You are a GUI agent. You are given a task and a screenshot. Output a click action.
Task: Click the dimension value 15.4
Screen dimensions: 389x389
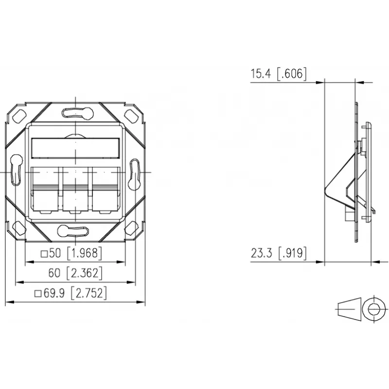(x=261, y=74)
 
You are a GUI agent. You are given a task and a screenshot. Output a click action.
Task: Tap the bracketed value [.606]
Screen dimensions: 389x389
(x=292, y=74)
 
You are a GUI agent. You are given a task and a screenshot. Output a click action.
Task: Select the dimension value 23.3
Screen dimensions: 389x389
(x=261, y=253)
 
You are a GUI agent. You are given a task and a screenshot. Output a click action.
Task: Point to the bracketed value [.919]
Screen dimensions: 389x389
(x=292, y=253)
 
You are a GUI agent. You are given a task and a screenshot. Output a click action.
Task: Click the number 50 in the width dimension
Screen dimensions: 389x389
(x=55, y=253)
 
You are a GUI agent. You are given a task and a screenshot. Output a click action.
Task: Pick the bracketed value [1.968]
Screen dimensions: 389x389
(x=85, y=253)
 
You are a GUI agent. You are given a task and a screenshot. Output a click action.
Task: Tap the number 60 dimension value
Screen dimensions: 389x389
(x=54, y=273)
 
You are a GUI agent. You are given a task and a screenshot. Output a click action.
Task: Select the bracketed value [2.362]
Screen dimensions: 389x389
(x=85, y=273)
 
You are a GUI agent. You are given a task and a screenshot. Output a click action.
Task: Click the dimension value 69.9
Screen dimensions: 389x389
(x=54, y=293)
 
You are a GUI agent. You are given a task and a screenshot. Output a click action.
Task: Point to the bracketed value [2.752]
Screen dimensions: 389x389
(x=89, y=293)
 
